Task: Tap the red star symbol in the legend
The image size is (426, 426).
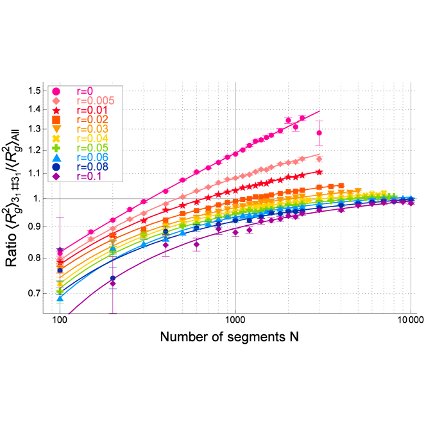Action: (x=56, y=110)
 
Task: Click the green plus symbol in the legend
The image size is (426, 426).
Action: (x=56, y=148)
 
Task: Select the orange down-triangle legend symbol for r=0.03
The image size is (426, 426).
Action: (x=56, y=129)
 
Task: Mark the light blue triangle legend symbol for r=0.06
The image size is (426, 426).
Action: (x=56, y=158)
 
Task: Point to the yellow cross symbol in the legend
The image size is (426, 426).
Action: (x=56, y=139)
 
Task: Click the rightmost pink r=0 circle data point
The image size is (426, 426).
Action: (x=319, y=133)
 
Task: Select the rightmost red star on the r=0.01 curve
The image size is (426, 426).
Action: (x=319, y=171)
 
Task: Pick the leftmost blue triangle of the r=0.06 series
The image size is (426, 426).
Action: (x=60, y=298)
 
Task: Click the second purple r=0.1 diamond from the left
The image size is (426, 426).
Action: (x=113, y=283)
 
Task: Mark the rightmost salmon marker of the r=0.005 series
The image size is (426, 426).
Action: (x=319, y=159)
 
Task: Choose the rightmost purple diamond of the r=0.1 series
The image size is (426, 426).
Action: (x=411, y=203)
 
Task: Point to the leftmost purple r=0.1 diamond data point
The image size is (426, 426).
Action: (x=60, y=251)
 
